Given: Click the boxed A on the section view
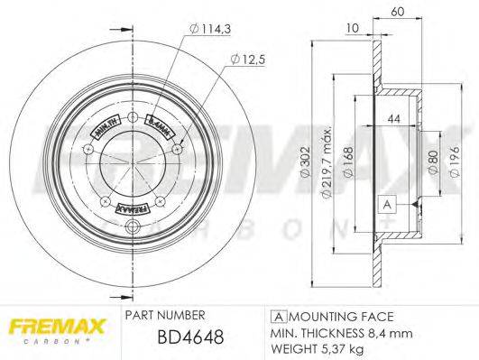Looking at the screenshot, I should pyautogui.click(x=386, y=204).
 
